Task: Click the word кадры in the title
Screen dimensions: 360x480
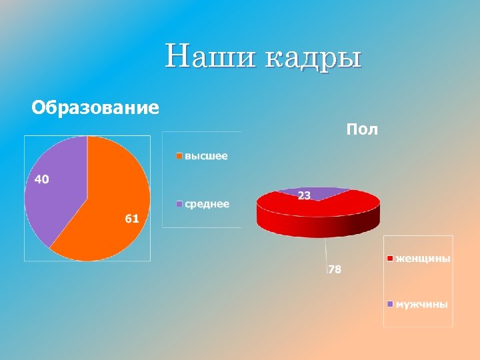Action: (x=313, y=57)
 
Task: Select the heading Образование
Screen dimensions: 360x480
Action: (x=95, y=107)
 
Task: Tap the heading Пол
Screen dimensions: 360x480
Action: (x=362, y=129)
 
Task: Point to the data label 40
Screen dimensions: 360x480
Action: (x=41, y=179)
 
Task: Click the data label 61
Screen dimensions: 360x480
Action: (x=131, y=219)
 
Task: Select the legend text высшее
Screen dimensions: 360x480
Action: (x=206, y=156)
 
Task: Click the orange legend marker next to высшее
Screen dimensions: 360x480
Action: (x=179, y=157)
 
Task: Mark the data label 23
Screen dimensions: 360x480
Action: (x=304, y=195)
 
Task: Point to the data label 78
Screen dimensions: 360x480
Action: (x=335, y=269)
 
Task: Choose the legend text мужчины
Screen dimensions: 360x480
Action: (x=422, y=304)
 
